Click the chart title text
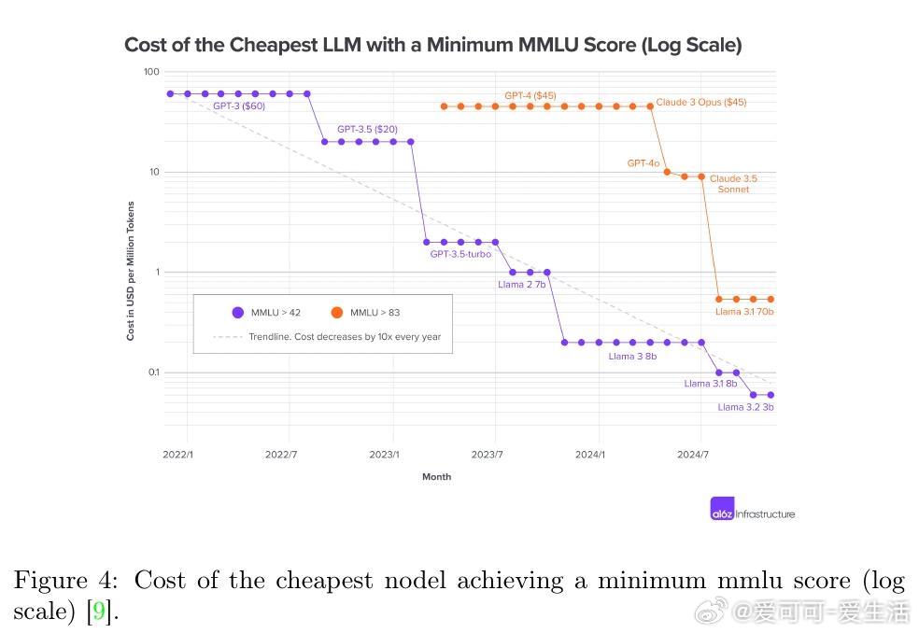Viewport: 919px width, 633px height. coord(432,45)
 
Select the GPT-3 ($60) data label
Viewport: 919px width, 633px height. coord(238,106)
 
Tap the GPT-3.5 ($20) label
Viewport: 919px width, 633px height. coord(367,129)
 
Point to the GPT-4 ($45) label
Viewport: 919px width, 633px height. coord(530,95)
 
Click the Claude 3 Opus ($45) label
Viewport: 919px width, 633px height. coord(700,102)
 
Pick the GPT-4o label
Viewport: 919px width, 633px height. coord(643,163)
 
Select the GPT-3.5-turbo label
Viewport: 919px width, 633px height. coord(460,254)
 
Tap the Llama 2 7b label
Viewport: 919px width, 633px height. coord(521,284)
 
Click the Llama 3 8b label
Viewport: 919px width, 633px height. coord(632,356)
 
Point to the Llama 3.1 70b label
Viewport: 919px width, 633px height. coord(744,312)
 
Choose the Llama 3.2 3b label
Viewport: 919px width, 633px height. coord(745,407)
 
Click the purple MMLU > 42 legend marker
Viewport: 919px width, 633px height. coord(238,313)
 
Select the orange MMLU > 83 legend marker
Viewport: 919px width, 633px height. coord(336,313)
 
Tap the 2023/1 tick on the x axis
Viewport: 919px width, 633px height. coord(384,455)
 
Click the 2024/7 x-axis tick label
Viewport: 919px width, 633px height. coord(692,455)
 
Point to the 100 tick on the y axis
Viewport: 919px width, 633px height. coord(151,72)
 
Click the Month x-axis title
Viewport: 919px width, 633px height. coord(436,477)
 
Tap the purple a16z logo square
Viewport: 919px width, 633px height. coord(722,508)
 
